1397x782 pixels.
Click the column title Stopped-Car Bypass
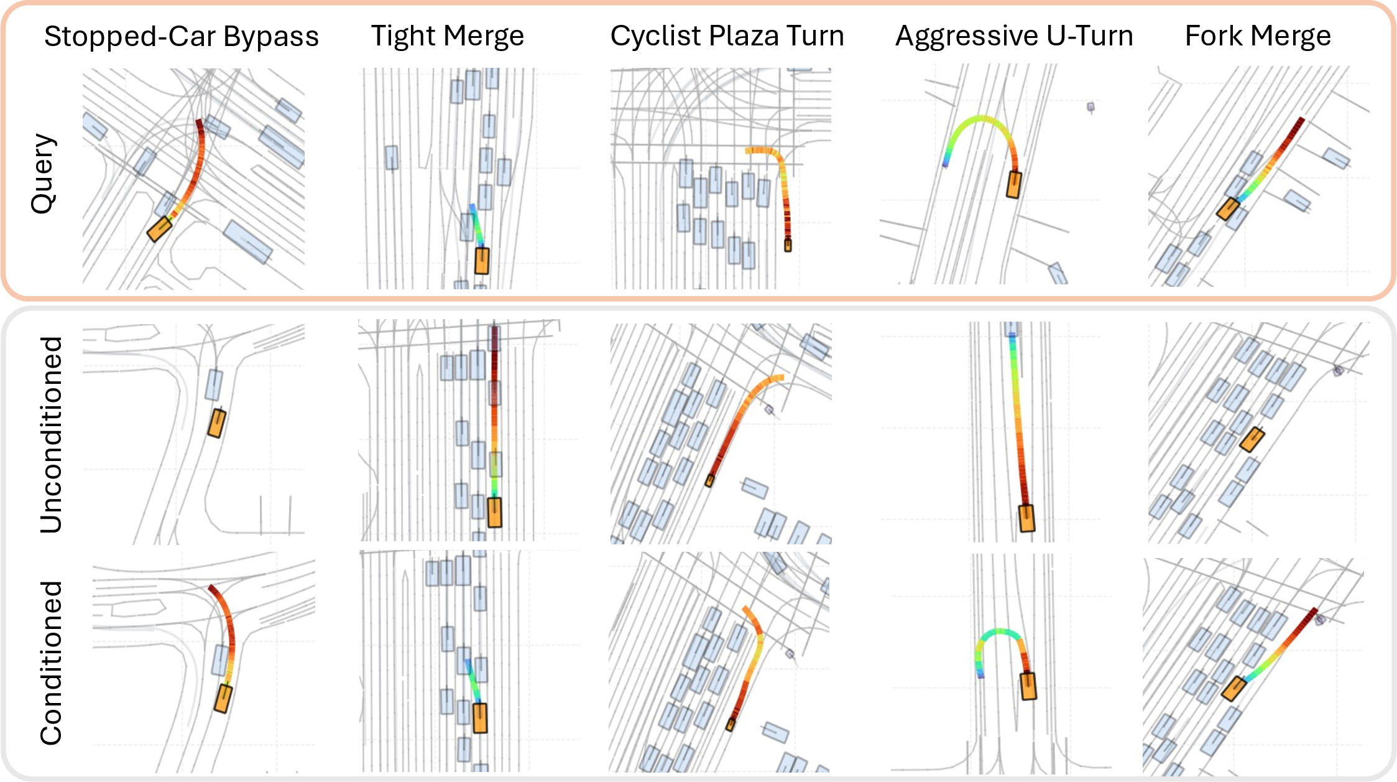pos(182,37)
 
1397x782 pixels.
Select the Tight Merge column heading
pos(448,36)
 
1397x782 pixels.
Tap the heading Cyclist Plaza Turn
pos(727,36)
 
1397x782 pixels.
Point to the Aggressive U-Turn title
pos(1014,36)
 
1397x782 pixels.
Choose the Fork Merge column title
pos(1258,36)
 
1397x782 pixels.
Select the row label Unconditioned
pos(51,435)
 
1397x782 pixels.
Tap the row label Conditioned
pos(51,663)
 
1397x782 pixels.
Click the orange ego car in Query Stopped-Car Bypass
pos(159,229)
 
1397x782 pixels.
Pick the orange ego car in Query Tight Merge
pos(482,261)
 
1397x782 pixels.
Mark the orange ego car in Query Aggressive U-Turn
pos(1014,185)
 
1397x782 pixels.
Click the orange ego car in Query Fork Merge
pos(1228,209)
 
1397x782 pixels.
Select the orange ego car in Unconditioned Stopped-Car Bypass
pos(216,423)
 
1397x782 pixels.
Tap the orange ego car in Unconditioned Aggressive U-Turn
pos(1026,518)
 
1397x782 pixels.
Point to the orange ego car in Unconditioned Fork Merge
pos(1252,439)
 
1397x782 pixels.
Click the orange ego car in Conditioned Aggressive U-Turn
pos(1028,686)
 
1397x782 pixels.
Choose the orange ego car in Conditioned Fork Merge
pos(1233,689)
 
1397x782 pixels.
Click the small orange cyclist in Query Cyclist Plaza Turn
pos(788,244)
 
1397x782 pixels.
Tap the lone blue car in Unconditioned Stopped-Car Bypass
pos(214,384)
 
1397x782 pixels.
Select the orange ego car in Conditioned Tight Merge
pos(480,718)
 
